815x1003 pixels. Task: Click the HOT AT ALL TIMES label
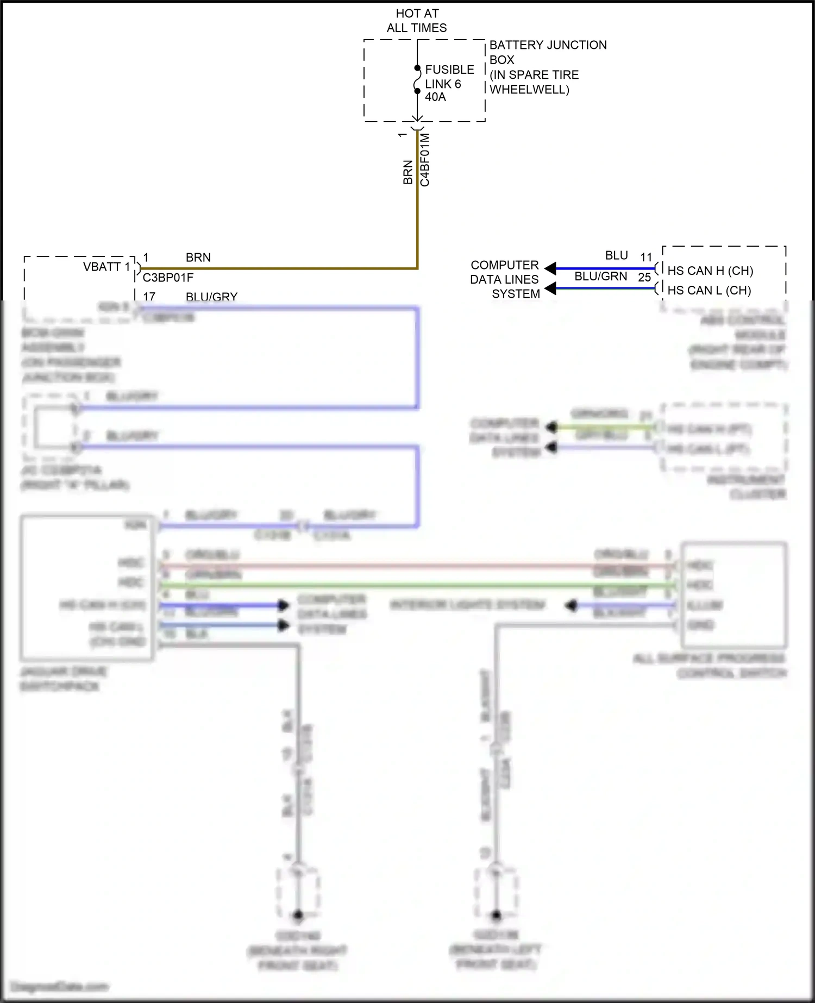417,21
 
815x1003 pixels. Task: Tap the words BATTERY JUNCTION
548,45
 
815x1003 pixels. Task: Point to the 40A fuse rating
435,97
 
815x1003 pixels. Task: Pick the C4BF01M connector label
425,160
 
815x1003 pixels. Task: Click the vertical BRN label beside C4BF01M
408,172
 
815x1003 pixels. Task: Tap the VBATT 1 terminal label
106,267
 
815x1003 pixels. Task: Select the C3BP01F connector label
168,278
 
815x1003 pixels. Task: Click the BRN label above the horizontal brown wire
198,258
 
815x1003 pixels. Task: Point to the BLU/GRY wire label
211,297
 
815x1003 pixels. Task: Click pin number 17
149,297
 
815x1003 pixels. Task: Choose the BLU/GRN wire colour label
600,277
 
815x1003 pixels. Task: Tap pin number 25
644,278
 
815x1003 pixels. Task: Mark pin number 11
646,257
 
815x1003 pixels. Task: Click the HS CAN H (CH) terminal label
710,271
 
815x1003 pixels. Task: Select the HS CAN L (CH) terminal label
709,290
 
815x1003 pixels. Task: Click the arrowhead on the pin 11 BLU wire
550,268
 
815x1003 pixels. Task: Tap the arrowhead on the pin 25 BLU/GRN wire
550,288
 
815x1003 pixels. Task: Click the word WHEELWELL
529,90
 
